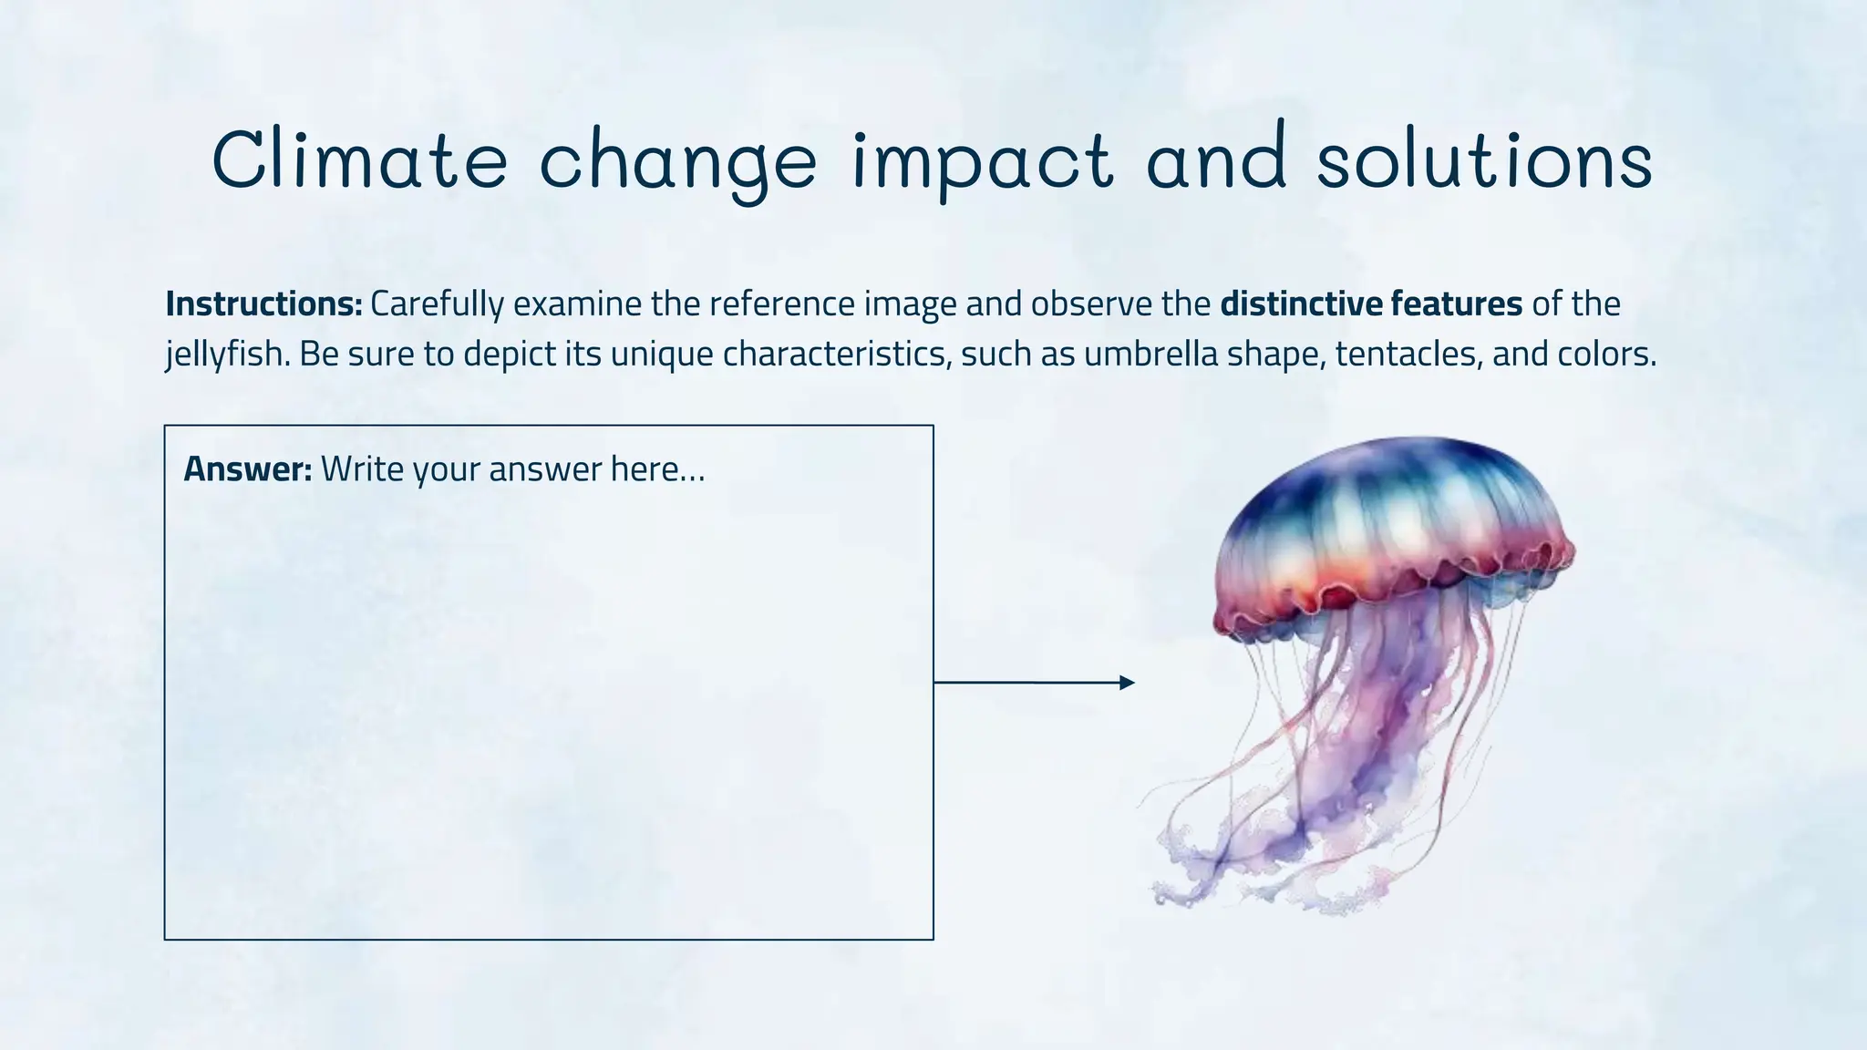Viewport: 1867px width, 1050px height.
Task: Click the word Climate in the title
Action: tap(359, 160)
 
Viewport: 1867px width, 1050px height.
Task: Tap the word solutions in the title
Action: tap(1484, 160)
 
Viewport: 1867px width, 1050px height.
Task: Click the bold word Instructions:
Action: tap(264, 304)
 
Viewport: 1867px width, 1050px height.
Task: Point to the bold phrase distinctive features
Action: tap(1371, 304)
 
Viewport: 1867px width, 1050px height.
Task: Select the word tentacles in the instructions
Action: tap(1405, 354)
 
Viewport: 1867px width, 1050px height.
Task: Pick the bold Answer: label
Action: tap(248, 469)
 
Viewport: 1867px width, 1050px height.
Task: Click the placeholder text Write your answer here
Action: tap(512, 469)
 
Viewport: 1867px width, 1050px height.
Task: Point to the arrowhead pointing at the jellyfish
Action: tap(1127, 683)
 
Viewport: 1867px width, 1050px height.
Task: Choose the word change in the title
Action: tap(678, 162)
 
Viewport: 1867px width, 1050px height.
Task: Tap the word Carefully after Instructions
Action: tap(436, 304)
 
